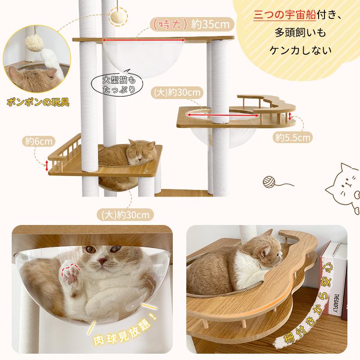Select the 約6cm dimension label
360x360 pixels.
tap(36, 141)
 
